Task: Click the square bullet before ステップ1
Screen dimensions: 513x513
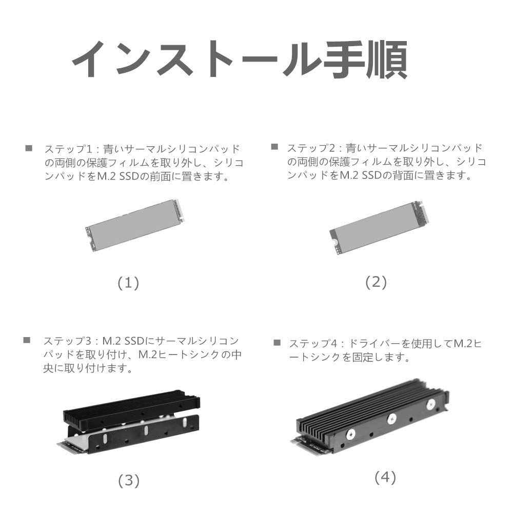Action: pos(29,148)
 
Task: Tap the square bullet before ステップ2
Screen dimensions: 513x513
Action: pos(274,147)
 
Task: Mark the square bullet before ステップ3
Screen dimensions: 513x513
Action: pos(28,340)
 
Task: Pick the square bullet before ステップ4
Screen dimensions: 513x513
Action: pos(277,342)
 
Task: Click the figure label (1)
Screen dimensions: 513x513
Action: pos(128,283)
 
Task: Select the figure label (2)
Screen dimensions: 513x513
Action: pos(376,282)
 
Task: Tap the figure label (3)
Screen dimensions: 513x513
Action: pos(129,480)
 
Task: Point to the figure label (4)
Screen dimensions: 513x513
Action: pos(385,478)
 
